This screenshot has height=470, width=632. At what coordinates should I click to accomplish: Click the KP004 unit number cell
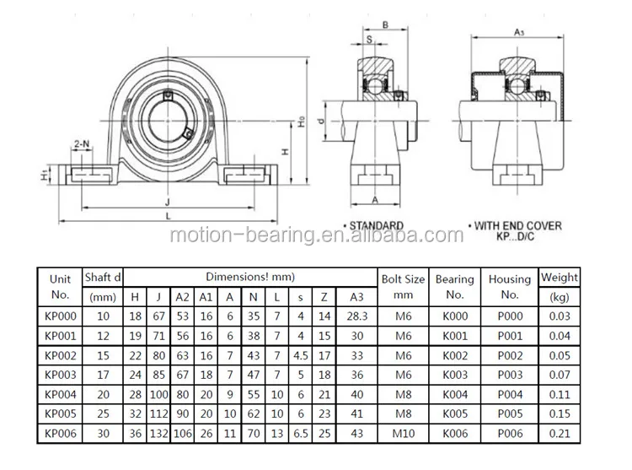tap(61, 394)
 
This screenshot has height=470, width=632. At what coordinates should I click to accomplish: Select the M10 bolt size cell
tap(404, 433)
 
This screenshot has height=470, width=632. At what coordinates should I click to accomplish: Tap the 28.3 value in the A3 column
tap(357, 316)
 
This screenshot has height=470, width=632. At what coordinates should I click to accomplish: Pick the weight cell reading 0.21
tap(560, 433)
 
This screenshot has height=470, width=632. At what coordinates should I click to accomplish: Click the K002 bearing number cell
tap(455, 355)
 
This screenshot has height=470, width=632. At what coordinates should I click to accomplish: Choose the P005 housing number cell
tap(510, 413)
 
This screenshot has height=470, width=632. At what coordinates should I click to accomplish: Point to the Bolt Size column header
tap(403, 286)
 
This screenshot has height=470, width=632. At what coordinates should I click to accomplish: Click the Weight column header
tap(560, 287)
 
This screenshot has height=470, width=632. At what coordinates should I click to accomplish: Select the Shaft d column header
tap(103, 287)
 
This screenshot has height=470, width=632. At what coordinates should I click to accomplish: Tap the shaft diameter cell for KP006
tap(103, 433)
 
